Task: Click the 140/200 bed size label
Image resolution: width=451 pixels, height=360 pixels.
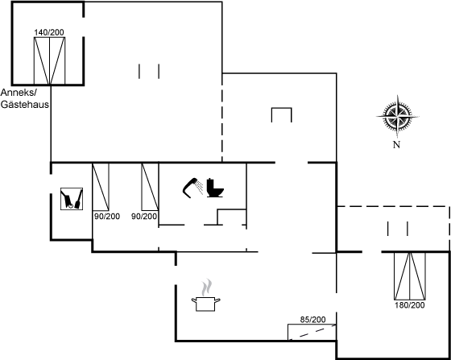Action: pyautogui.click(x=49, y=32)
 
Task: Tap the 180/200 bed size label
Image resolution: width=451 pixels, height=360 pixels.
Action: pyautogui.click(x=410, y=305)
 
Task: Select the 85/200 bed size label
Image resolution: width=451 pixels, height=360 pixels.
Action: pyautogui.click(x=313, y=320)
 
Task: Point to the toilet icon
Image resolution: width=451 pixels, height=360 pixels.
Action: pyautogui.click(x=215, y=188)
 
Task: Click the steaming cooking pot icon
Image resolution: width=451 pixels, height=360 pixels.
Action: pyautogui.click(x=206, y=296)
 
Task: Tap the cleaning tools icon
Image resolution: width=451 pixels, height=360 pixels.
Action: pyautogui.click(x=72, y=199)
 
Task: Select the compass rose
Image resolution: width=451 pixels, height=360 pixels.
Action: pyautogui.click(x=398, y=117)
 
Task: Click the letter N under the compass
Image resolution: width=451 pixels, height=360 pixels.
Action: pyautogui.click(x=396, y=145)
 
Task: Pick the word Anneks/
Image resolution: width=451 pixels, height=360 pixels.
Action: pyautogui.click(x=19, y=93)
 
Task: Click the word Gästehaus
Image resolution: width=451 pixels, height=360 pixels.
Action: pyautogui.click(x=25, y=105)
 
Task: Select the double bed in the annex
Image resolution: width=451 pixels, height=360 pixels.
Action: pyautogui.click(x=49, y=61)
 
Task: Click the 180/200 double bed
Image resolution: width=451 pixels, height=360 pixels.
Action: pyautogui.click(x=410, y=276)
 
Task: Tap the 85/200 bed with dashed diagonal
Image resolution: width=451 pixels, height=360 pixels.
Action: pyautogui.click(x=312, y=332)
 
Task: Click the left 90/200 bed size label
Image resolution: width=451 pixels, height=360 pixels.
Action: pyautogui.click(x=107, y=216)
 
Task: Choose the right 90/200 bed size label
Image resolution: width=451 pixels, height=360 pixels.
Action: pyautogui.click(x=144, y=216)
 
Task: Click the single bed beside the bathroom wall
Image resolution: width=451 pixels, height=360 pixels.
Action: pyautogui.click(x=150, y=187)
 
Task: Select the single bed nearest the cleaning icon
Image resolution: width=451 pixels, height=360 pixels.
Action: pyautogui.click(x=101, y=187)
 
